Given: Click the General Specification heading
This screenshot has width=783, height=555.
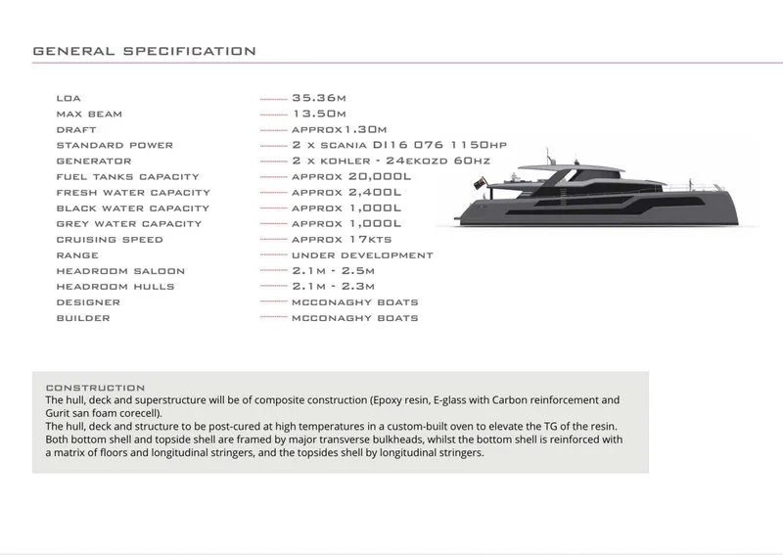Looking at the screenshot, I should coord(145,51).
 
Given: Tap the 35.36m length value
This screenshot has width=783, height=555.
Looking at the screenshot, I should coord(320,98).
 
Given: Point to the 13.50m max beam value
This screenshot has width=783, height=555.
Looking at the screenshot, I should coord(320,114).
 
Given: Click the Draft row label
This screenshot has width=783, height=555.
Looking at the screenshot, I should coord(76,129).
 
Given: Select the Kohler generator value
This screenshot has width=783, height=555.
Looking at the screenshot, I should coord(391,161).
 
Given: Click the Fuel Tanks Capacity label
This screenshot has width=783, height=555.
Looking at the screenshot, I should coord(115,176).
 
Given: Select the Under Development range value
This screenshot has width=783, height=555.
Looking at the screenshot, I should coord(362,254).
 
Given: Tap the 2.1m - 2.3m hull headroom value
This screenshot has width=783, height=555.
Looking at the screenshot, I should coord(334,286).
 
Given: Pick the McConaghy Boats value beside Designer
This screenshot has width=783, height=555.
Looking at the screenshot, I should coord(355,302).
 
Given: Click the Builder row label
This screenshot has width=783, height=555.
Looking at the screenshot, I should coord(83,318).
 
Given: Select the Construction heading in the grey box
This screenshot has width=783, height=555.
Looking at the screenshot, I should coord(95,388).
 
